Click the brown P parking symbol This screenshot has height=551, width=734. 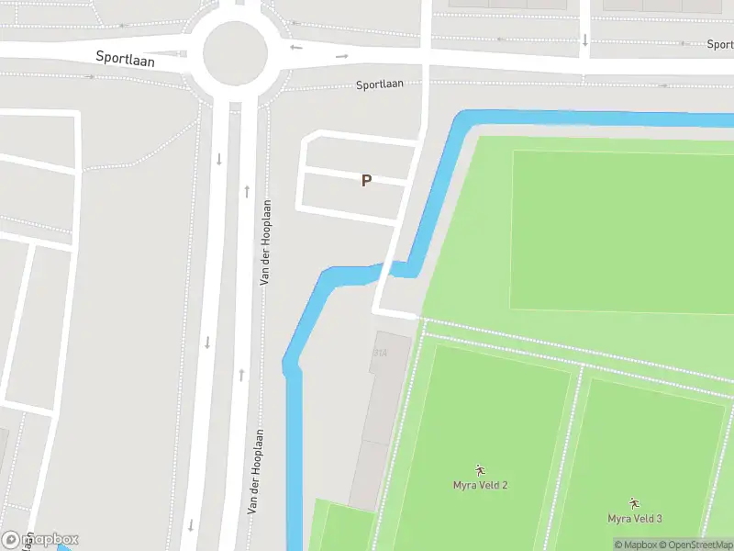pos(366,181)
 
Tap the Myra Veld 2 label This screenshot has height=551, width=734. pos(480,485)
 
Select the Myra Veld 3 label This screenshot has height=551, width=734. pos(634,519)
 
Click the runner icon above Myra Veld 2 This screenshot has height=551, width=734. pos(480,470)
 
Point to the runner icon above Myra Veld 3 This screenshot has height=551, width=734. pos(634,503)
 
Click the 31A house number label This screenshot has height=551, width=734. pos(380,353)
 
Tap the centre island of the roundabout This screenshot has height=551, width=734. pos(234,52)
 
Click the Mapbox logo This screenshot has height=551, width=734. pos(40,539)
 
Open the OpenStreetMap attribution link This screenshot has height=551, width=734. pos(701,545)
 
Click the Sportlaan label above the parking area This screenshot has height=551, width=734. pos(380,84)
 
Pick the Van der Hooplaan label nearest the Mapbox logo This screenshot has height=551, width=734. pos(256,470)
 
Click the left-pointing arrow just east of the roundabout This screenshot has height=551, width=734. pos(295,47)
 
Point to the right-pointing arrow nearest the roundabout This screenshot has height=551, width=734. pos(342,56)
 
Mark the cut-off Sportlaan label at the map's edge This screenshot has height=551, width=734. pos(720,44)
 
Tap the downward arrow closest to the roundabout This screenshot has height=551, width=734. pos(219,159)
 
